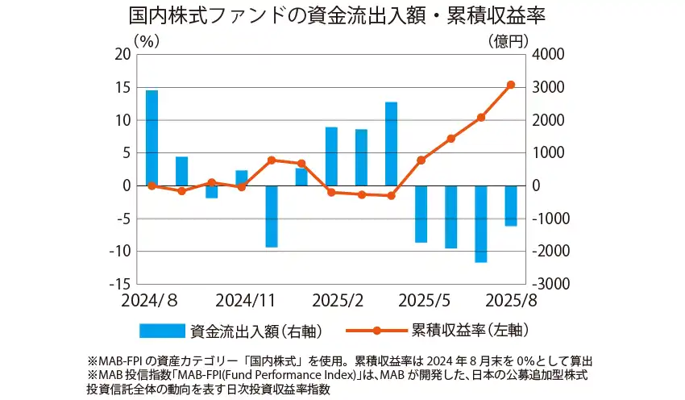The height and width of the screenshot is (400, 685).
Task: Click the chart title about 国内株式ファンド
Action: pos(342,16)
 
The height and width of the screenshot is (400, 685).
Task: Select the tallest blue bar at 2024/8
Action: pos(152,138)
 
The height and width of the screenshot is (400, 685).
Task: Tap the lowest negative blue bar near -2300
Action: pos(481,223)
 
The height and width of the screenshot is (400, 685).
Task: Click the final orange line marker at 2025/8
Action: pos(511,85)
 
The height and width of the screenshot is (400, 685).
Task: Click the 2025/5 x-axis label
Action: pos(428,300)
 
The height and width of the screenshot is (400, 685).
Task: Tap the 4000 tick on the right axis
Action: pos(549,54)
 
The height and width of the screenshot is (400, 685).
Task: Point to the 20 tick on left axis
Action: pos(123,54)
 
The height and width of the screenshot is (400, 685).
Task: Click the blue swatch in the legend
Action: pos(162,331)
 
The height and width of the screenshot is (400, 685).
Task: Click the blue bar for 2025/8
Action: pos(511,206)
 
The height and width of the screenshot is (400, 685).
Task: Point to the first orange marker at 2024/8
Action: pos(152,185)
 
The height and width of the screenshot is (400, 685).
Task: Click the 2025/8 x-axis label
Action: pos(510,300)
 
